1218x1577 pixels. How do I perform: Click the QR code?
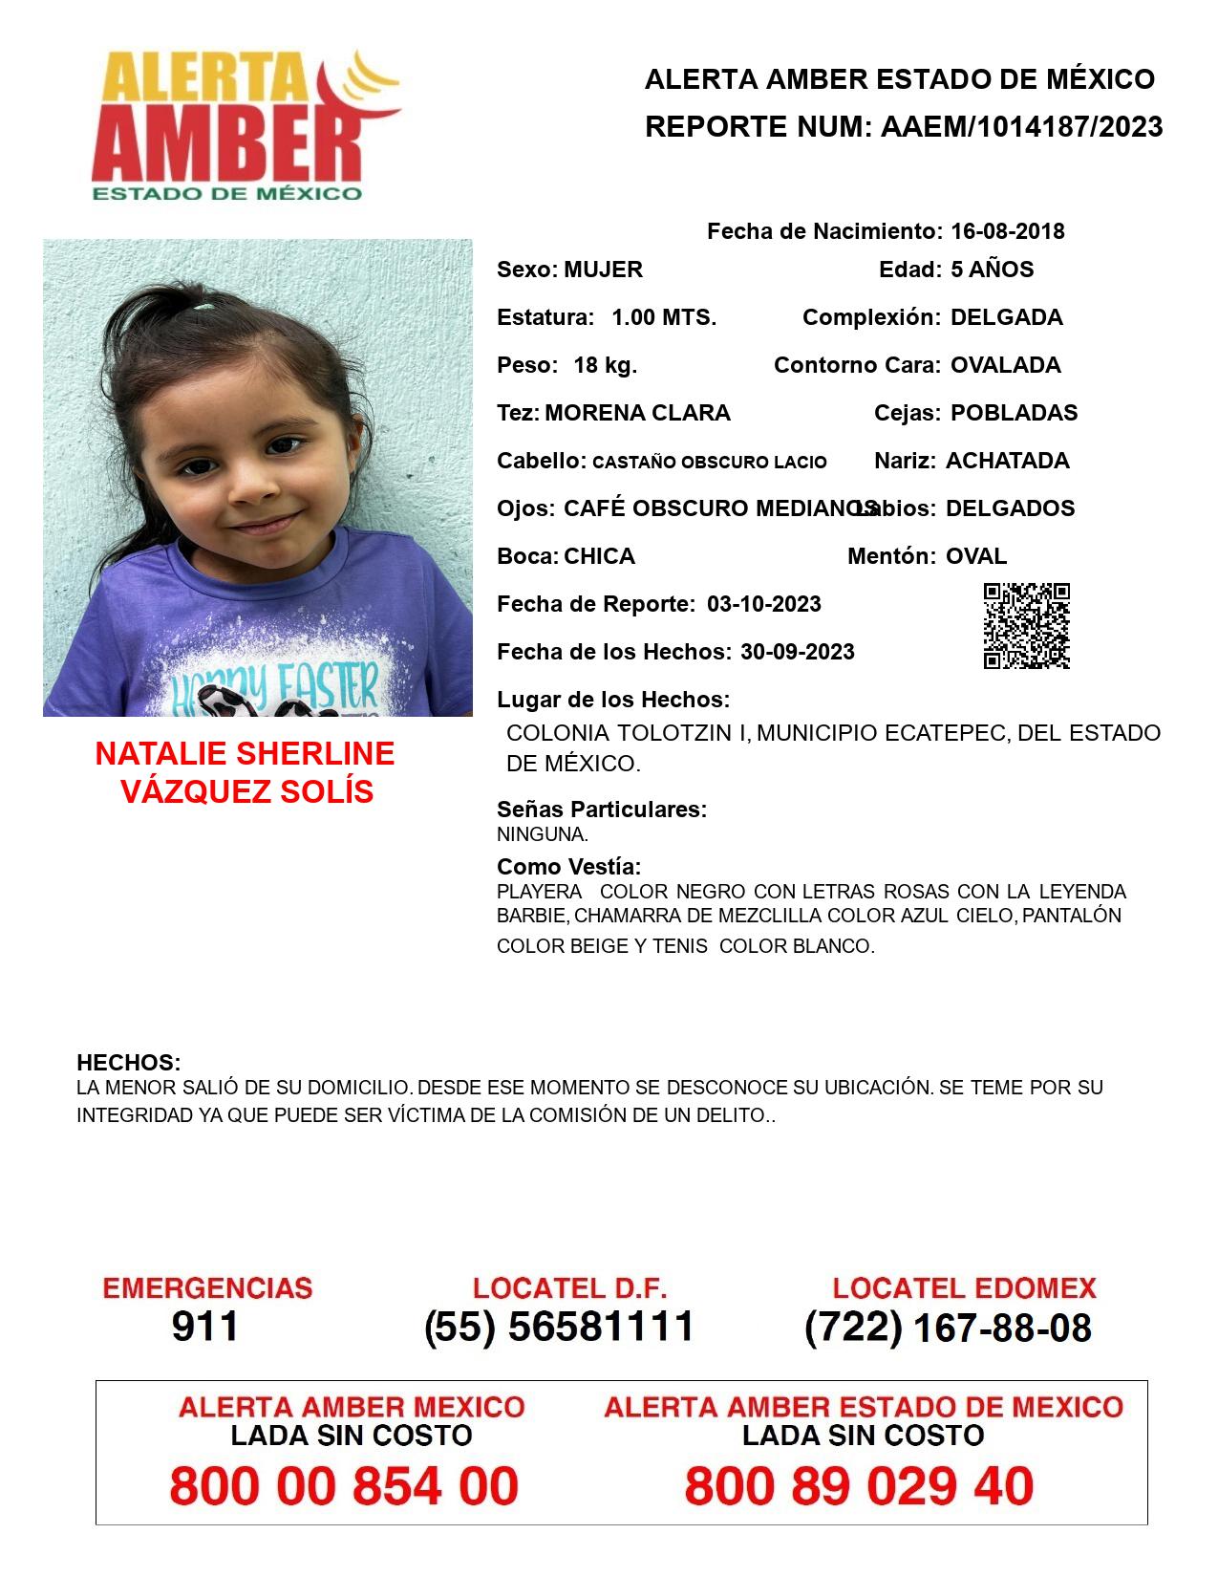pyautogui.click(x=1026, y=626)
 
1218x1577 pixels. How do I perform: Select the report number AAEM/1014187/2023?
pyautogui.click(x=1021, y=127)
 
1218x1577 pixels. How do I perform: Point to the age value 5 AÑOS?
pyautogui.click(x=992, y=270)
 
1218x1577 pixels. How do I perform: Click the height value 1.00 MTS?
pyautogui.click(x=664, y=317)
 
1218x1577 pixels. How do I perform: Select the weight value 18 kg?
pyautogui.click(x=605, y=365)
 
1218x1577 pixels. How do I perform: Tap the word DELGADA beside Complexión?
pyautogui.click(x=1006, y=317)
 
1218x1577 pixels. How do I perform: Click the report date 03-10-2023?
pyautogui.click(x=764, y=604)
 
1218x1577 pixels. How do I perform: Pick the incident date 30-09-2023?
pyautogui.click(x=797, y=652)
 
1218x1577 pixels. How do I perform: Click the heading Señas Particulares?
pyautogui.click(x=602, y=810)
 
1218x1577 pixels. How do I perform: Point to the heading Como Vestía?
pyautogui.click(x=568, y=867)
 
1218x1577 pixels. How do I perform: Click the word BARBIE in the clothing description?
pyautogui.click(x=532, y=916)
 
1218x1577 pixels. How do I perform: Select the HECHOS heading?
pyautogui.click(x=128, y=1063)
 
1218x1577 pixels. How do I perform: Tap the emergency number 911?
pyautogui.click(x=205, y=1327)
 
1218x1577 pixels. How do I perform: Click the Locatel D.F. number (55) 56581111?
pyautogui.click(x=559, y=1327)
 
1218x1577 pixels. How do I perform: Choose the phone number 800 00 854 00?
pyautogui.click(x=344, y=1486)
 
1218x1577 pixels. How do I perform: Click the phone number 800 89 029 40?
pyautogui.click(x=859, y=1486)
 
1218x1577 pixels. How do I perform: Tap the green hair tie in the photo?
pyautogui.click(x=204, y=307)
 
